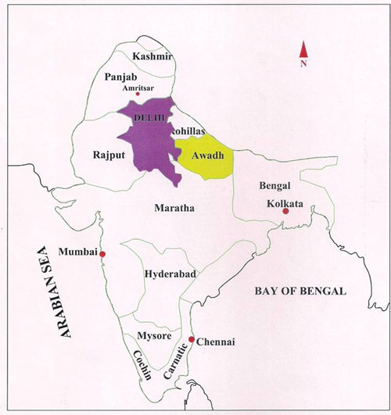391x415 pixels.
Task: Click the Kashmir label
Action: pyautogui.click(x=152, y=57)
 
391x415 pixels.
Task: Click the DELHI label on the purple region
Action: pyautogui.click(x=152, y=116)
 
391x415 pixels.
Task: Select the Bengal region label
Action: pyautogui.click(x=274, y=186)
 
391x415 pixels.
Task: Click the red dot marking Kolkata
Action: pyautogui.click(x=285, y=212)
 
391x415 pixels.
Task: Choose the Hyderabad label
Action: pyautogui.click(x=170, y=274)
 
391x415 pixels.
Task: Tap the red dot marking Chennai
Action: pyautogui.click(x=192, y=339)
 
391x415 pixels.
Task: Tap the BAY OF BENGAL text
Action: pyautogui.click(x=300, y=292)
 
